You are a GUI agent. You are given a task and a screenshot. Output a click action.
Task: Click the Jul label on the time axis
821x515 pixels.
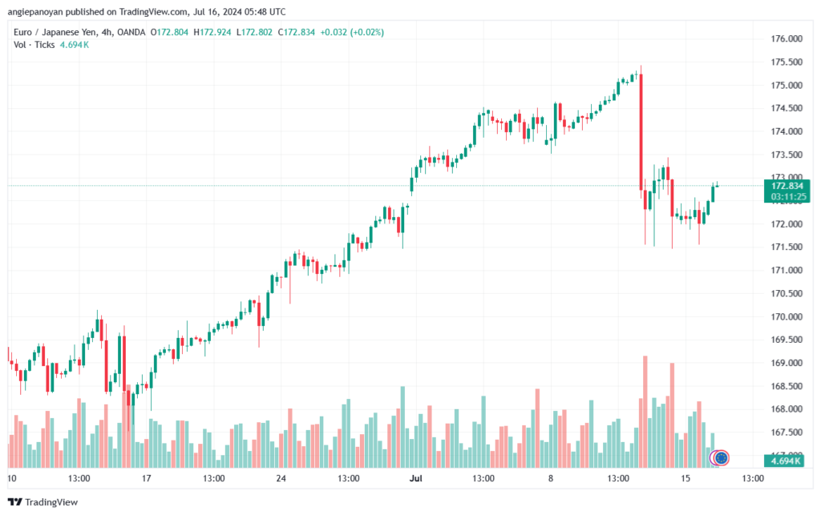click(x=416, y=478)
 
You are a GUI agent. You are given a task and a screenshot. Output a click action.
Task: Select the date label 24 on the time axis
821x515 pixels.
click(x=281, y=478)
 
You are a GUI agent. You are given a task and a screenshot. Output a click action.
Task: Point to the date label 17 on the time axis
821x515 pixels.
click(x=146, y=478)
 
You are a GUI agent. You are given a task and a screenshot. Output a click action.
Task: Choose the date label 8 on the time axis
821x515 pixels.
click(x=551, y=478)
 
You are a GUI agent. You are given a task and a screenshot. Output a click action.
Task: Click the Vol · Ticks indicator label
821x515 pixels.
click(x=33, y=45)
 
